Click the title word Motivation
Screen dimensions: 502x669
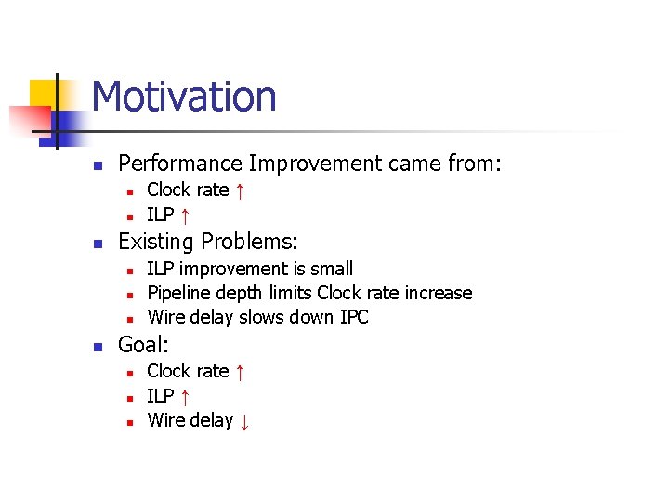coord(184,97)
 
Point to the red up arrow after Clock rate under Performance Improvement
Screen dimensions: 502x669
coord(240,191)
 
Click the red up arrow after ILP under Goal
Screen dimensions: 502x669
coord(185,397)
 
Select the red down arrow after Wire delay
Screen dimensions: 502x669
coord(244,421)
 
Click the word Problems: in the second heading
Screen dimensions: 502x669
coord(250,243)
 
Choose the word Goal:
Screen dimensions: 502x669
coord(143,345)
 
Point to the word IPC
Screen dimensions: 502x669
coord(354,318)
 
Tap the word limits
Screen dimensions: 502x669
coord(290,294)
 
